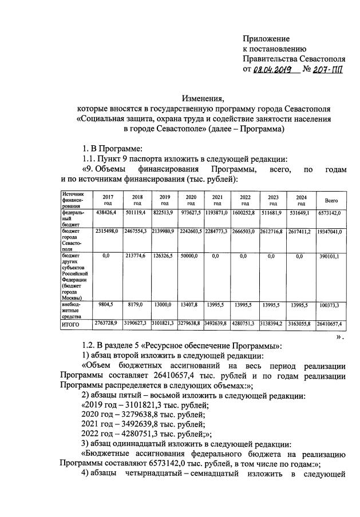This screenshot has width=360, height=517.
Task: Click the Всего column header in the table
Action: click(x=331, y=200)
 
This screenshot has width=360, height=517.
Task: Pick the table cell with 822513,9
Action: click(x=164, y=213)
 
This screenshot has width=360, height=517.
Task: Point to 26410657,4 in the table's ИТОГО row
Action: click(x=331, y=324)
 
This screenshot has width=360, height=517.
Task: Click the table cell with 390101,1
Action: click(x=331, y=257)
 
